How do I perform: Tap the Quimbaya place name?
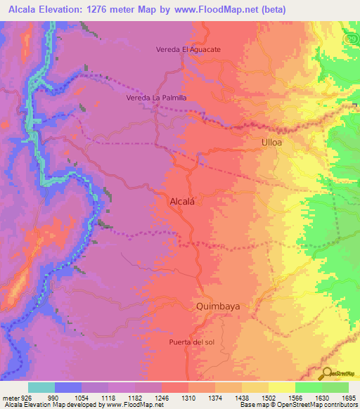218,306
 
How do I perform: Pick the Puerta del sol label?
191,342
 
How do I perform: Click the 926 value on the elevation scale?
26,397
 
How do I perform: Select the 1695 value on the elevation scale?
348,397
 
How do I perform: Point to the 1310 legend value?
188,397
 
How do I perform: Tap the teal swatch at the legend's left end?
41,387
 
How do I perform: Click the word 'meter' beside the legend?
10,397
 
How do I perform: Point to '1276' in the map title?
109,10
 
